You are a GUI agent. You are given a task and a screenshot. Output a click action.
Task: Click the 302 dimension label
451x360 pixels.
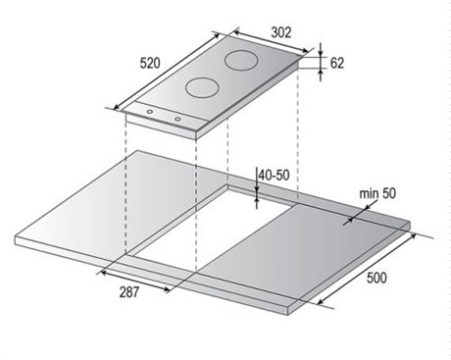[x=281, y=32]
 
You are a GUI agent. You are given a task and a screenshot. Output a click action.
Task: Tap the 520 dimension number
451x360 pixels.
[x=150, y=63]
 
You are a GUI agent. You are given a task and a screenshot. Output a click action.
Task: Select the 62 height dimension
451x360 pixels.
[x=337, y=63]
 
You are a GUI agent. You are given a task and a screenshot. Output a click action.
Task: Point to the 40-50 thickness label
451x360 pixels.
[x=274, y=176]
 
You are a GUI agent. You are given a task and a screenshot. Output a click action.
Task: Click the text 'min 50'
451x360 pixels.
[x=377, y=193]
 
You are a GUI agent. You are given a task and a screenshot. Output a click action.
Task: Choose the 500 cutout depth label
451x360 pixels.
[x=376, y=278]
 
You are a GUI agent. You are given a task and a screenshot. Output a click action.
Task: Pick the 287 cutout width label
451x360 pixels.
[x=129, y=292]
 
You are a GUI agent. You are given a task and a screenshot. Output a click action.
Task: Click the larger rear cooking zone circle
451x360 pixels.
[x=241, y=61]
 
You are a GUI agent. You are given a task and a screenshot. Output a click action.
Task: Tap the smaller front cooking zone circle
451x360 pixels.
[x=202, y=87]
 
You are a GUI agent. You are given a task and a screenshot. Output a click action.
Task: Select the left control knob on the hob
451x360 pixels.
[x=150, y=112]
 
